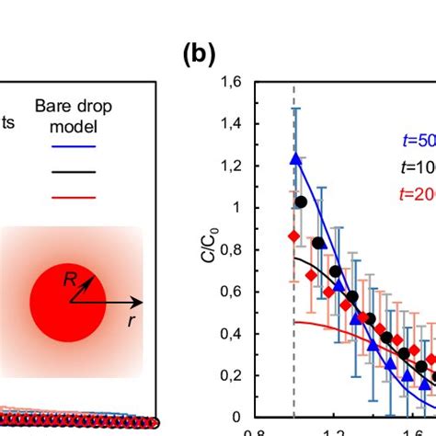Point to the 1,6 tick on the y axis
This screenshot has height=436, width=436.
point(239,83)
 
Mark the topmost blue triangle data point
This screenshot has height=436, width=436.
point(295,158)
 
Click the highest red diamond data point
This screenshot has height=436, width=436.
point(293,236)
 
